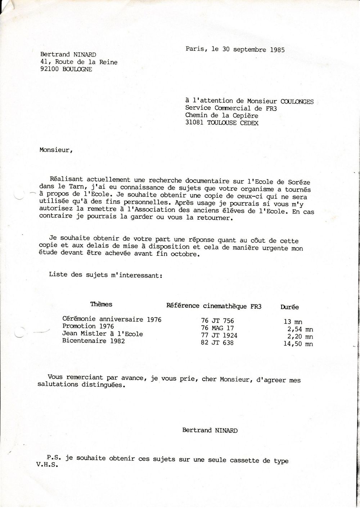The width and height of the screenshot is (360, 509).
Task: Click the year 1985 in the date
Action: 277,50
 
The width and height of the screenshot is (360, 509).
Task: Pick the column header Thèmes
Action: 101,304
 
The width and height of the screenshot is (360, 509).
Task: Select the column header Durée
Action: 289,307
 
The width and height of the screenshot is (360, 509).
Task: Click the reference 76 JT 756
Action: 217,320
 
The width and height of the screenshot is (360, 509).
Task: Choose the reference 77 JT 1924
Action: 219,335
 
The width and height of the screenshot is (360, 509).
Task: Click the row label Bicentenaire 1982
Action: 94,341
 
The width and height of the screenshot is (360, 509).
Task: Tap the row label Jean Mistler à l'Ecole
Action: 103,334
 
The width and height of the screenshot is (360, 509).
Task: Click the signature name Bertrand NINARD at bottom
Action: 210,430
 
